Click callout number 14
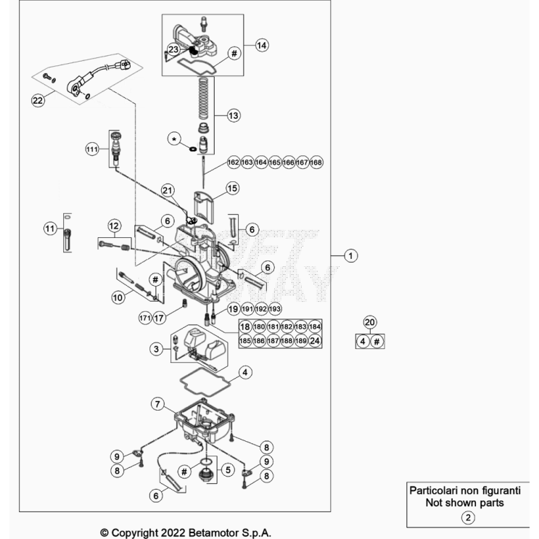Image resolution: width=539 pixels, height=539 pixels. pos(262,45)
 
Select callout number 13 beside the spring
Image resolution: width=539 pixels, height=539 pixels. pos(233,115)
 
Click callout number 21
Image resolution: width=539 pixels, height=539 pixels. pos(168,191)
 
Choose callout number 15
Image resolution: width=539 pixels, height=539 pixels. pos(232,188)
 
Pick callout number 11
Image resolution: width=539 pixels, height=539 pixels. pos(49,229)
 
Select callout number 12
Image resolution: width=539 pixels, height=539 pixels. pos(114,224)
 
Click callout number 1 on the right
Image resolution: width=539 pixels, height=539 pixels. pos(350,255)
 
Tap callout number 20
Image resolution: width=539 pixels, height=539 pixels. pos(370,323)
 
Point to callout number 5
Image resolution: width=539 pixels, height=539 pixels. pos(227,470)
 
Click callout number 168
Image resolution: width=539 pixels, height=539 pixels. pos(316,163)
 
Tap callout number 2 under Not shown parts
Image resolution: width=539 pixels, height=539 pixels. pos(469,518)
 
